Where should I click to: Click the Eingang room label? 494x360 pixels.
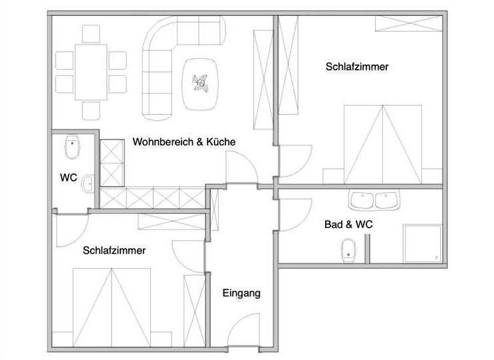tap(241, 294)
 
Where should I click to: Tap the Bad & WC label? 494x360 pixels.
tap(348, 225)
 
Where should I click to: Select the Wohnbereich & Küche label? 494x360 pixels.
tap(184, 141)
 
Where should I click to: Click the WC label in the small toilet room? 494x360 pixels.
tap(68, 177)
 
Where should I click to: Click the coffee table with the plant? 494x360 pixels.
tap(200, 84)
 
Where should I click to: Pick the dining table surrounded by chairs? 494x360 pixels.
tap(91, 72)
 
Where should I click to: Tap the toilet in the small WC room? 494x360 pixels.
tap(72, 147)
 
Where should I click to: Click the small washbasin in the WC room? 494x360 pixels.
tap(88, 184)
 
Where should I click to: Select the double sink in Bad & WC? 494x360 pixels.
tap(374, 199)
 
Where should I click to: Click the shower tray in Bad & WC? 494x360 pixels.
tap(423, 244)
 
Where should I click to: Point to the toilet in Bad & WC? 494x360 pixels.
tap(348, 251)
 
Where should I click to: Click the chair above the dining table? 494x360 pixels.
tap(91, 34)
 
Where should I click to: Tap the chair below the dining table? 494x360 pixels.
tap(91, 111)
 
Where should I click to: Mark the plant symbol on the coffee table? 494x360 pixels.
tap(200, 83)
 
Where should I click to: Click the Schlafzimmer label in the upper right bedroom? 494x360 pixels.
tap(357, 66)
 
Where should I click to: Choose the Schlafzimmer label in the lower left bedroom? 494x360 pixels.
tap(114, 250)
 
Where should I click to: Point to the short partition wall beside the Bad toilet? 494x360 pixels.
tap(367, 248)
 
